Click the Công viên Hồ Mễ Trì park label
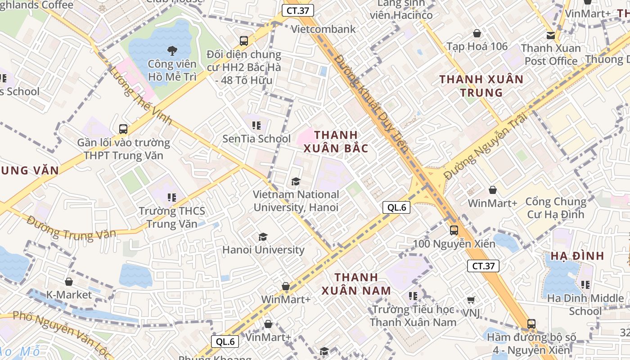point(172,70)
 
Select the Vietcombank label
point(324,29)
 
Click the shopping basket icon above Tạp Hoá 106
point(477,33)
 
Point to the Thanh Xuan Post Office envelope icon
point(550,35)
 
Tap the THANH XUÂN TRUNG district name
point(481,86)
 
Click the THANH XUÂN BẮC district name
point(336,141)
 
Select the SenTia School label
point(256,139)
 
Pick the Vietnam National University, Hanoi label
point(296,201)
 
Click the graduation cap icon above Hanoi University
point(263,237)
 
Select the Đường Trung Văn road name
point(71,229)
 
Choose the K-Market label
point(69,295)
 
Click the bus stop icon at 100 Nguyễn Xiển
point(454,230)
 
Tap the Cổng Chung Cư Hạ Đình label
point(556,207)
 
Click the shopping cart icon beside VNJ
point(471,300)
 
